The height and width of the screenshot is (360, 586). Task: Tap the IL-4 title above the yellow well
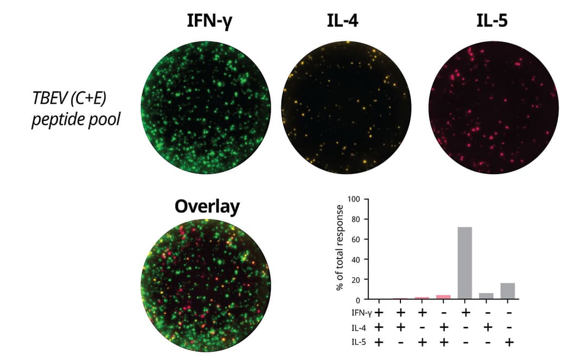[x=342, y=21]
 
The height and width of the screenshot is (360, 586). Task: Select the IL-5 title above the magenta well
[x=492, y=21]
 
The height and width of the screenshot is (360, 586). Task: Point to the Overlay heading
[x=207, y=207]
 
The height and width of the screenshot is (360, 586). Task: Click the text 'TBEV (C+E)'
[x=69, y=98]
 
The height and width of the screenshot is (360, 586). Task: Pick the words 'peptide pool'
[x=76, y=120]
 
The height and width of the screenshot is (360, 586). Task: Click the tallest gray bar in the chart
[x=465, y=263]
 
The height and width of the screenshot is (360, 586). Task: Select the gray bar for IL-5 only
[x=508, y=291]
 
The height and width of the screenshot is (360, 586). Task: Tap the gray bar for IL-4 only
[x=486, y=296]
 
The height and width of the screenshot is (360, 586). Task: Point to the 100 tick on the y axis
[x=354, y=199]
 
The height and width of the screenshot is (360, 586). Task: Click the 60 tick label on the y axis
[x=355, y=239]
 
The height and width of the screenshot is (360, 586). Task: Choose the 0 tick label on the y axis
[x=358, y=300]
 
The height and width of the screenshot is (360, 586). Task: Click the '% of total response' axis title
[x=339, y=248]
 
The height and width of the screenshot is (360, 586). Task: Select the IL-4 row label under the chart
[x=359, y=328]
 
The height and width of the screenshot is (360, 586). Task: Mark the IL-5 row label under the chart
[x=359, y=342]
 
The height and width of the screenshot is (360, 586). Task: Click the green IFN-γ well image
[x=206, y=107]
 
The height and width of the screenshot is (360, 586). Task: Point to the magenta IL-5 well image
[x=494, y=107]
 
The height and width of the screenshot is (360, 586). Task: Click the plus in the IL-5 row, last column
[x=509, y=342]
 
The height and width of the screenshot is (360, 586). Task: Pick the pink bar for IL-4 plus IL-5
[x=443, y=297]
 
